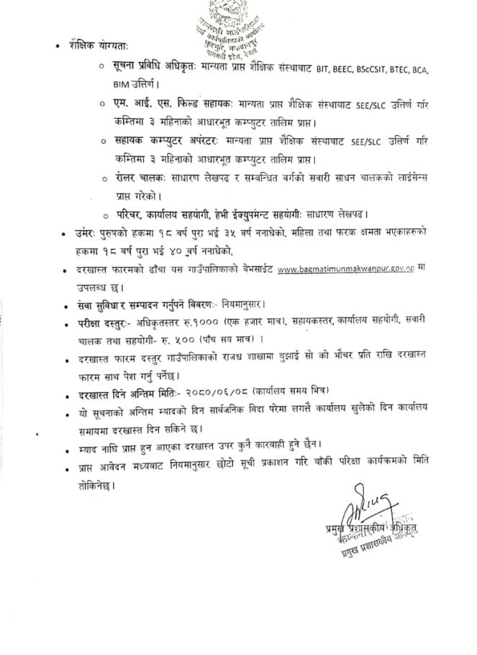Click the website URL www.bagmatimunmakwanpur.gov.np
click(x=346, y=270)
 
